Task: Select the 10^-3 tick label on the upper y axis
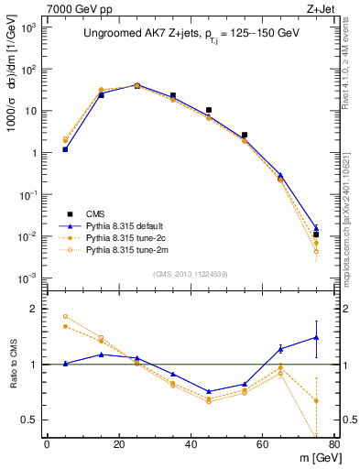pos(28,278)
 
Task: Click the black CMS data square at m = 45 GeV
pos(209,110)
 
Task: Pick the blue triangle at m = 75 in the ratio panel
pos(316,337)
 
